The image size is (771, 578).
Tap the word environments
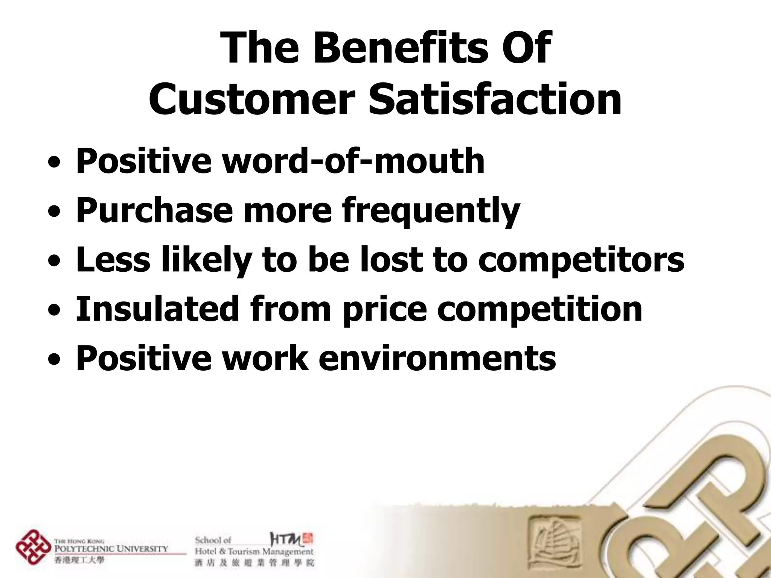[x=437, y=358]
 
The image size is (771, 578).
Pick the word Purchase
[x=154, y=211]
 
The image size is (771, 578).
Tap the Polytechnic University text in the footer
[x=111, y=549]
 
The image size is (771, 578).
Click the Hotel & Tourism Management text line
[x=254, y=552]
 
